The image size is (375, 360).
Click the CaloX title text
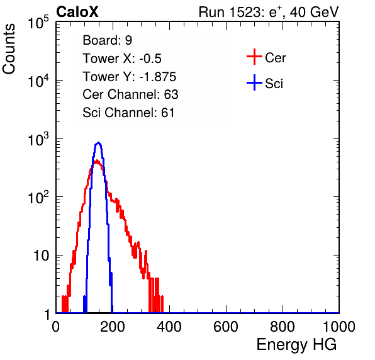[77, 12]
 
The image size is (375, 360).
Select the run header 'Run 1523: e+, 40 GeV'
[269, 12]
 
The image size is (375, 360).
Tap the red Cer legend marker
[254, 57]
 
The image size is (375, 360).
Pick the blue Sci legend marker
[254, 82]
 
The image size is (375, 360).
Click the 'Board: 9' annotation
[107, 40]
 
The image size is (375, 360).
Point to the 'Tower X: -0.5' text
[122, 59]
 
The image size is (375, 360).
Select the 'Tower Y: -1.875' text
[130, 77]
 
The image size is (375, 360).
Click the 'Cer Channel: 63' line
[130, 94]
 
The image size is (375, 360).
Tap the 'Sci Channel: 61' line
[128, 113]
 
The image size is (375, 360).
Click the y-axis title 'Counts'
[9, 49]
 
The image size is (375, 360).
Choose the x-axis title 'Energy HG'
[296, 345]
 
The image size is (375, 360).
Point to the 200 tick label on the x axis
[113, 327]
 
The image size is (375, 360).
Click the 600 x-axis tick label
[226, 327]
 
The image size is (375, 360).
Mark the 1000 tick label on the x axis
[339, 327]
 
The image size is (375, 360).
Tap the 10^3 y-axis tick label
[38, 139]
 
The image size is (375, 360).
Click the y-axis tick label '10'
[41, 256]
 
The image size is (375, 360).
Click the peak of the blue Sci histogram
[98, 143]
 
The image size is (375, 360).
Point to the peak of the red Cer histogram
[96, 160]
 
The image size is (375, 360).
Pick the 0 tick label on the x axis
[56, 327]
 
